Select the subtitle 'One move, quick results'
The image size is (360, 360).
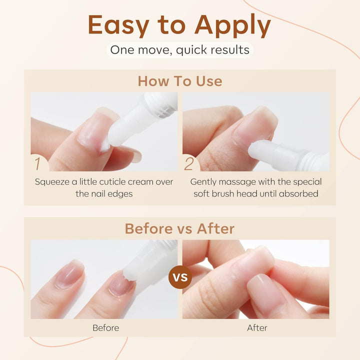[x=179, y=50]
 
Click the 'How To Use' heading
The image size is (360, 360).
[x=179, y=81]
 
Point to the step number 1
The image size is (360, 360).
[x=38, y=163]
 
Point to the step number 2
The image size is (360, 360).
[x=189, y=163]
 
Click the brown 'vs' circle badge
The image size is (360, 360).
[x=180, y=275]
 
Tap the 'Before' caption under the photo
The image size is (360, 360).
[x=105, y=328]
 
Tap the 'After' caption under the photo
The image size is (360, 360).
[x=257, y=328]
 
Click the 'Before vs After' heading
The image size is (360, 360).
[x=179, y=229]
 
